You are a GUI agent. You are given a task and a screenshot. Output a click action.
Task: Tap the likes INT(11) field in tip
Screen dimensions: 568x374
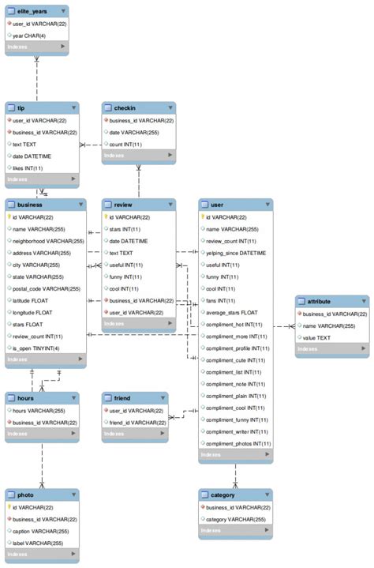tap(28, 168)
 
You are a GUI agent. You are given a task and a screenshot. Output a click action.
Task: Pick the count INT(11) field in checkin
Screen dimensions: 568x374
tap(126, 144)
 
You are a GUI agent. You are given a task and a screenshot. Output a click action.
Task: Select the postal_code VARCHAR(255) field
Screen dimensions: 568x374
tap(47, 288)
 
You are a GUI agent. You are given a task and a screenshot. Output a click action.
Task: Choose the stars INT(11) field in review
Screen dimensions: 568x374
tap(125, 229)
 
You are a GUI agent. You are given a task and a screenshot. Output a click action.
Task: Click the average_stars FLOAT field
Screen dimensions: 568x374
tap(232, 312)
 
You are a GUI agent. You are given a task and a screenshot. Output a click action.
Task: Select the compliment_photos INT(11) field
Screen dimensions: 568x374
tap(238, 443)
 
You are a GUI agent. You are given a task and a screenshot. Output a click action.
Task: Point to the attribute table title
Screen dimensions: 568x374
tap(320, 301)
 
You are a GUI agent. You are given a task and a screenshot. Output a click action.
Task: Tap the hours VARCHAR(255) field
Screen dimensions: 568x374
tap(39, 411)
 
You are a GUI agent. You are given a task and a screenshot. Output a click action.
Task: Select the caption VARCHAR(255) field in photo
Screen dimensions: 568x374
tap(43, 531)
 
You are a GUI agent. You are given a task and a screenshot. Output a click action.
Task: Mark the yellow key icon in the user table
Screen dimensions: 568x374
tap(204, 217)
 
